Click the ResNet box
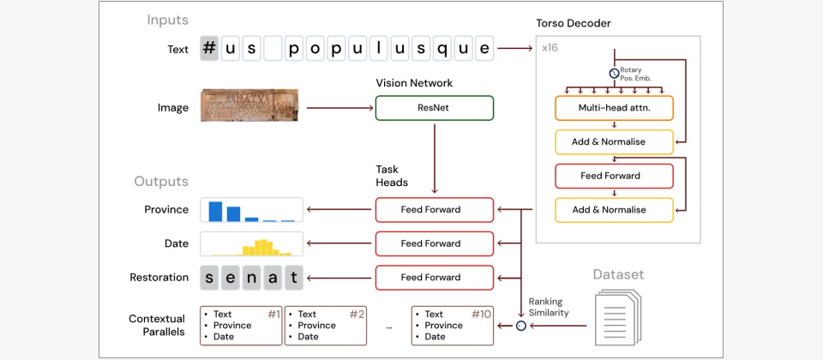[x=435, y=108]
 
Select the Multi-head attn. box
[x=614, y=107]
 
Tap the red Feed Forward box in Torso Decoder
[x=614, y=176]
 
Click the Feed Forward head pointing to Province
[x=435, y=210]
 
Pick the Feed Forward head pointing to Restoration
[x=435, y=278]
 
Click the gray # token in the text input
[x=208, y=49]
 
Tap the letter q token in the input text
[x=441, y=49]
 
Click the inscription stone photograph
[x=249, y=106]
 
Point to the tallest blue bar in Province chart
[x=215, y=212]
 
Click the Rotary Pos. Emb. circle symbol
[x=614, y=74]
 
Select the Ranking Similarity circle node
[x=520, y=326]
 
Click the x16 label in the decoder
[x=550, y=48]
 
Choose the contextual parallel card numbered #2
[x=325, y=326]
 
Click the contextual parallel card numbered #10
[x=452, y=326]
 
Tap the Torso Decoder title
[x=574, y=23]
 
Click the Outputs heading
[x=160, y=182]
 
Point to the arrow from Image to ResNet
[x=339, y=108]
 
